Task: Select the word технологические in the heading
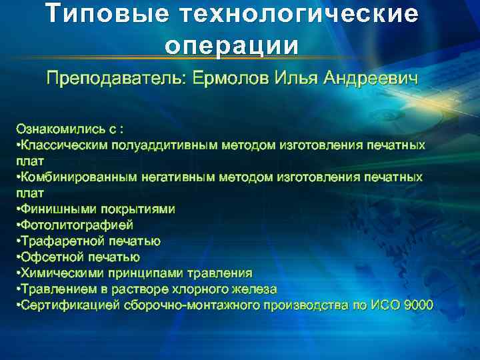(303, 15)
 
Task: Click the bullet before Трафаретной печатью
(18, 241)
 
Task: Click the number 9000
(416, 305)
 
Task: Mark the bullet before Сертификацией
(18, 305)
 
